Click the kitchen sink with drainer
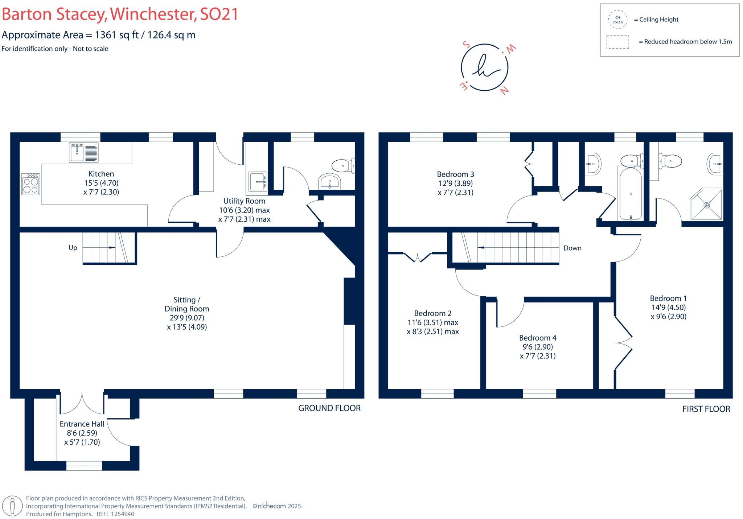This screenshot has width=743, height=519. (83, 152)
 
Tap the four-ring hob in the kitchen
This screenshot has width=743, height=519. (30, 184)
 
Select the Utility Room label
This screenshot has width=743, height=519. (244, 201)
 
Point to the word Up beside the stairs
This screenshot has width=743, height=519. (73, 248)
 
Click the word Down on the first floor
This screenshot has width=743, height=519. (572, 248)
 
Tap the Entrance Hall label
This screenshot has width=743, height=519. (82, 424)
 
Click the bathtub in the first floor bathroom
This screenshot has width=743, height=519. (631, 194)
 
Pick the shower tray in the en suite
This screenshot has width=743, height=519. (706, 205)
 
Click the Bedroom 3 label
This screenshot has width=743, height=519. (455, 174)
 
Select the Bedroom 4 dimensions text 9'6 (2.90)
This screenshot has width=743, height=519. (537, 347)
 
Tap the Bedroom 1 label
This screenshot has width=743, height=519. (668, 298)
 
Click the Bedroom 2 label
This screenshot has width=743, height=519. (432, 313)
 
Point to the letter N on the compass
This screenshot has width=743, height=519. (504, 91)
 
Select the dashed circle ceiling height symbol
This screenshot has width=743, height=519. (617, 20)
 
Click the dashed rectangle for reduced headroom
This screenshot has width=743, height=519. (617, 42)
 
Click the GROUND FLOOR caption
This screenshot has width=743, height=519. (329, 408)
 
